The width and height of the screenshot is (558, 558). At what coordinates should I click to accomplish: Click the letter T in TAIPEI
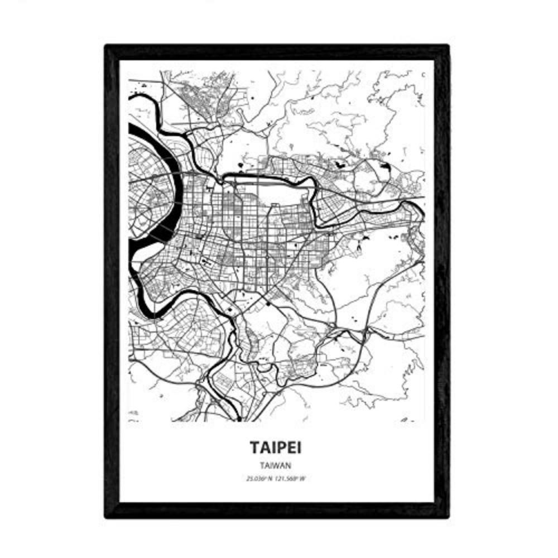coord(255,448)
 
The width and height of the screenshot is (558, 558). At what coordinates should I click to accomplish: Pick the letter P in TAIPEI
coord(282,448)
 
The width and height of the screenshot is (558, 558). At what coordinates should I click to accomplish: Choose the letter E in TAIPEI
coord(293,448)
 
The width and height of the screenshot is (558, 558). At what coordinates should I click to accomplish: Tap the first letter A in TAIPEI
coord(265,448)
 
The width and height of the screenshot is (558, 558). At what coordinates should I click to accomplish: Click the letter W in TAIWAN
coord(277,464)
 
